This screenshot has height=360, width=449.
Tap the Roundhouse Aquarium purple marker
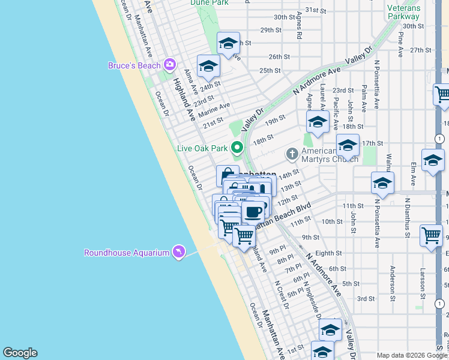[x=178, y=252]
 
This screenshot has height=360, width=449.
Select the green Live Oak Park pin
[x=237, y=148]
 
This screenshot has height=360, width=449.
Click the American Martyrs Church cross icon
[x=292, y=154]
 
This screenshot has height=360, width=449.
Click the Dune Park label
[x=209, y=3]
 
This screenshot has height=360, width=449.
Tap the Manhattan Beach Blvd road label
[x=283, y=216]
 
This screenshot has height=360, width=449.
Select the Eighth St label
[x=328, y=254]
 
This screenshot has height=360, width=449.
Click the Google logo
[x=20, y=353]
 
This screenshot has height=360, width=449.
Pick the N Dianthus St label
[x=407, y=218]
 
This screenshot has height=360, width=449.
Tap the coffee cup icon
[x=253, y=212]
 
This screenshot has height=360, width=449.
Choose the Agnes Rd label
[x=298, y=28]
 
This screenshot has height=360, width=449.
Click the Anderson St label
[x=392, y=283]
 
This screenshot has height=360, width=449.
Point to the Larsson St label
[x=423, y=284]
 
